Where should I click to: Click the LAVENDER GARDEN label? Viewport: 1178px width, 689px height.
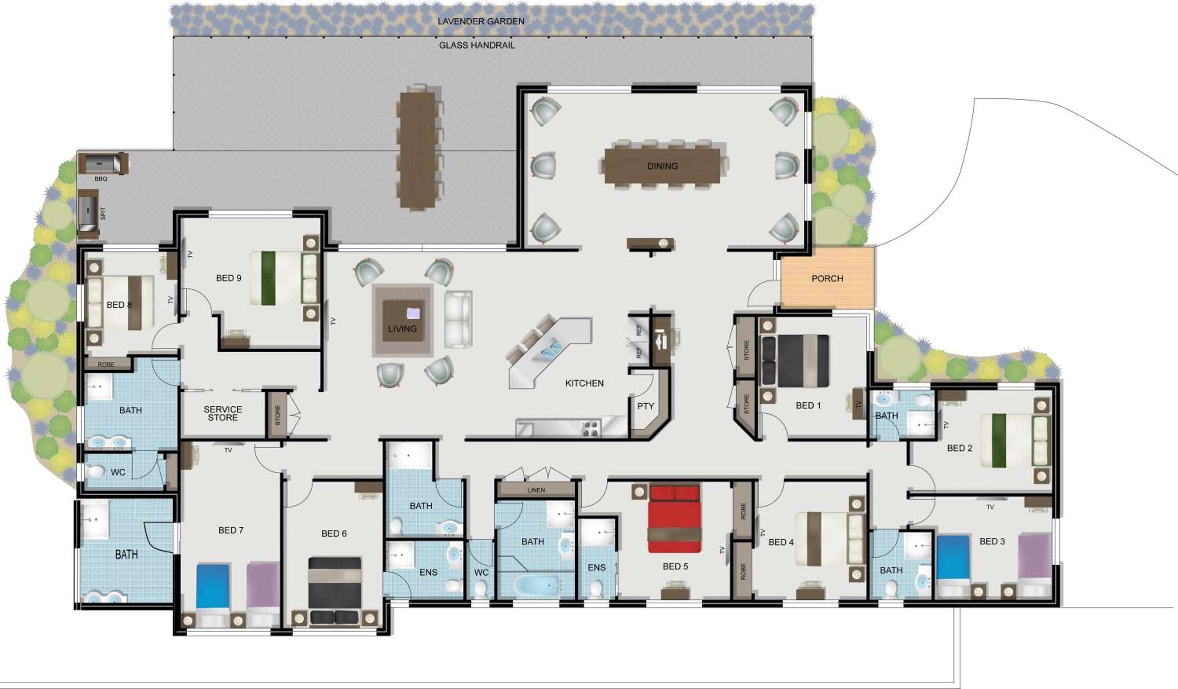pyautogui.click(x=481, y=21)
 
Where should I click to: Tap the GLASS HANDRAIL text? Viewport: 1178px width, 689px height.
pyautogui.click(x=477, y=46)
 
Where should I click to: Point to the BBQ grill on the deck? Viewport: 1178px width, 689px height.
pyautogui.click(x=103, y=163)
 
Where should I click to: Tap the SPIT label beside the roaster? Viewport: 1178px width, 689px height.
pyautogui.click(x=103, y=214)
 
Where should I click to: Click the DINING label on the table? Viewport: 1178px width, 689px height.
pyautogui.click(x=662, y=166)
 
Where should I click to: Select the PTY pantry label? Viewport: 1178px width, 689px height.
pyautogui.click(x=646, y=406)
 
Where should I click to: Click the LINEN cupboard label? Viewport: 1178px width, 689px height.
pyautogui.click(x=536, y=490)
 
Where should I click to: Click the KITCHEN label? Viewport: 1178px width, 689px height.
pyautogui.click(x=584, y=383)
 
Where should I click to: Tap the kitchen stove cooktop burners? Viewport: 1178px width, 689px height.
pyautogui.click(x=591, y=429)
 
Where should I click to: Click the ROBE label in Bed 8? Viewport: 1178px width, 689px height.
pyautogui.click(x=106, y=365)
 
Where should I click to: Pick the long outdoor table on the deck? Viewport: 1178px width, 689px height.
pyautogui.click(x=417, y=150)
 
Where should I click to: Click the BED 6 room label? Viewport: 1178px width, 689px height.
pyautogui.click(x=334, y=533)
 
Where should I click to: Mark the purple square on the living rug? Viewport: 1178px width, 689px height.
pyautogui.click(x=414, y=314)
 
